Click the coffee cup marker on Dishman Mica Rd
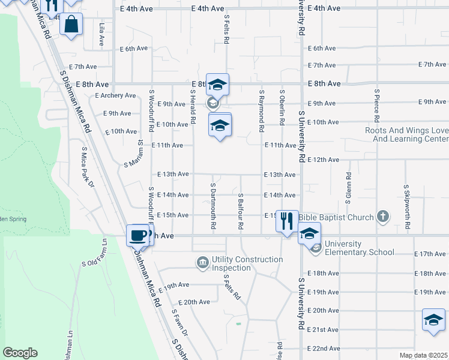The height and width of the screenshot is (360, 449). (x=138, y=235)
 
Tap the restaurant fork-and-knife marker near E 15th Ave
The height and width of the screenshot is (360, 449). (x=286, y=220)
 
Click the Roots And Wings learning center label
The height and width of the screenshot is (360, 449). (x=406, y=134)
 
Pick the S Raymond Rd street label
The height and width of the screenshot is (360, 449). (x=262, y=112)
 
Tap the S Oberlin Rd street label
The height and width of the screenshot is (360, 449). (x=282, y=107)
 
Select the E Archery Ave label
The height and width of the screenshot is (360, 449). (x=116, y=95)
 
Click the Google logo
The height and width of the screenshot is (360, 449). (x=20, y=353)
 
